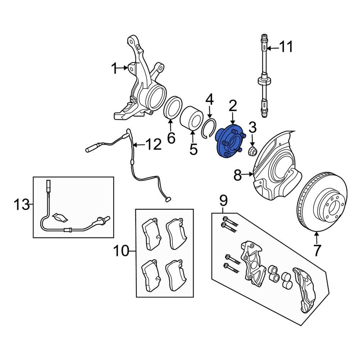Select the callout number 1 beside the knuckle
tap(114, 68)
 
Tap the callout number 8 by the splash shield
tap(237, 175)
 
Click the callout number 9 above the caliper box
tap(223, 199)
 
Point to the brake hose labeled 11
tap(265, 76)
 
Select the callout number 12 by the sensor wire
tap(153, 145)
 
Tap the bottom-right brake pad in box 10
tap(176, 275)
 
